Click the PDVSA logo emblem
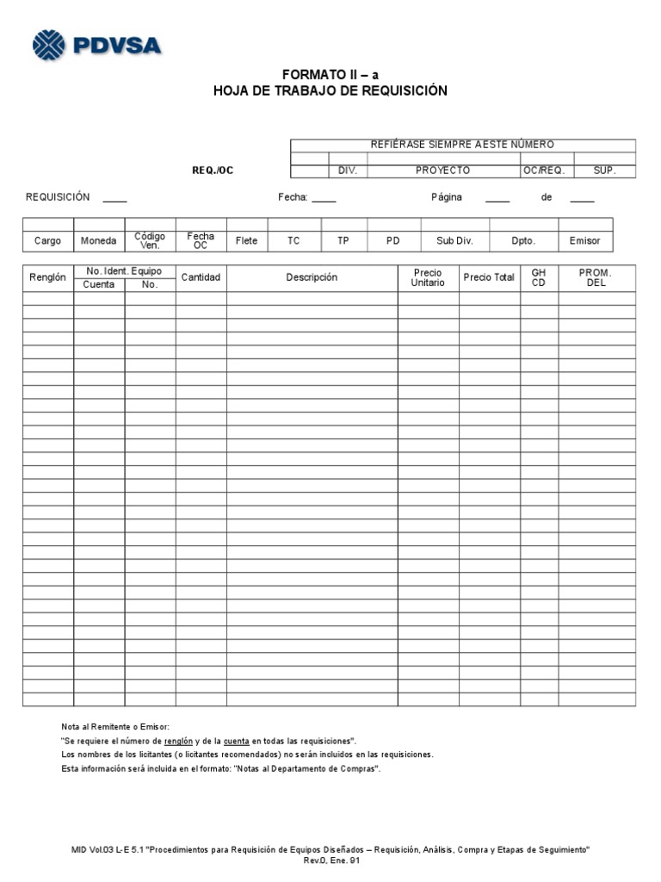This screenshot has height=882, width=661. coord(49,45)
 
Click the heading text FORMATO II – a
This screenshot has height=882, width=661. coord(330,75)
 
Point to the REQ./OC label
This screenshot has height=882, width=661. coord(213,171)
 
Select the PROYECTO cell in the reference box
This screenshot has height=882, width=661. coord(442,171)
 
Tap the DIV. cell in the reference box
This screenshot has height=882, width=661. coord(348,171)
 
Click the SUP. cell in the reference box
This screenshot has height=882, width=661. coord(604,171)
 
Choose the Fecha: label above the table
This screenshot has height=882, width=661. coord(293,197)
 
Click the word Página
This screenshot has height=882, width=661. coord(447,197)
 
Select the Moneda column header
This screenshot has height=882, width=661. coord(99,241)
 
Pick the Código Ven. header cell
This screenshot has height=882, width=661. coord(151,240)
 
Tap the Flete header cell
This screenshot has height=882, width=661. coord(247,241)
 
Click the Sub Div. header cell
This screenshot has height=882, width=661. coord(454,241)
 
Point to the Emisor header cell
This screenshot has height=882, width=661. coord(585,241)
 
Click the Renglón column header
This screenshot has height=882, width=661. coord(47,278)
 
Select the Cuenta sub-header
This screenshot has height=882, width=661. coord(99,284)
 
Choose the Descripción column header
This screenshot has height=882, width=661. coord(312,277)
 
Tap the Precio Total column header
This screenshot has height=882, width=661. coord(489,277)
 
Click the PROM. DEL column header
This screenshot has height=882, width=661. coord(596,277)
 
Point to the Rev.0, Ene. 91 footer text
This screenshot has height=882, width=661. coord(330,860)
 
